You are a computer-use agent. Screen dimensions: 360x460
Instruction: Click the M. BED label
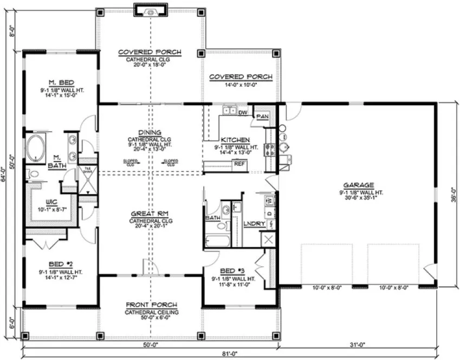pos(61,82)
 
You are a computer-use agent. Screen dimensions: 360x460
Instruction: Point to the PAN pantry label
pos(262,116)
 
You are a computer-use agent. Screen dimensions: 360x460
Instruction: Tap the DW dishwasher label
pos(242,112)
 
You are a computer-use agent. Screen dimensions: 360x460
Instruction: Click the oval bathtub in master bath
pos(36,149)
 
